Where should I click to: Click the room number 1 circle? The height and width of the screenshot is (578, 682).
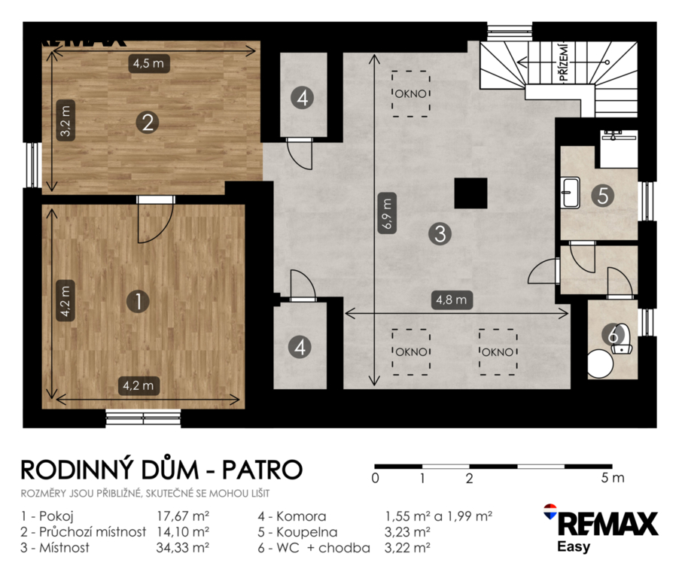(138, 301)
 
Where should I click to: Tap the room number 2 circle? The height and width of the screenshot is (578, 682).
(148, 122)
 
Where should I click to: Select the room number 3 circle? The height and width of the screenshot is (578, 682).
(440, 233)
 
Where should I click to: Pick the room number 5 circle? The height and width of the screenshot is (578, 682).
(602, 195)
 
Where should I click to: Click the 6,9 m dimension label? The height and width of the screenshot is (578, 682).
(387, 213)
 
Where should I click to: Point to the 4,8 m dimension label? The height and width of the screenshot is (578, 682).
(452, 300)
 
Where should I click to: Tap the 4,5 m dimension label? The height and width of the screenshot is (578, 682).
(149, 63)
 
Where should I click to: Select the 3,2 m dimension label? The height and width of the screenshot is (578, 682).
(65, 120)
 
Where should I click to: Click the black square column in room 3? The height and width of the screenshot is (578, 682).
(470, 193)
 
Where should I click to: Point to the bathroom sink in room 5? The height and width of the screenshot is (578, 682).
(570, 192)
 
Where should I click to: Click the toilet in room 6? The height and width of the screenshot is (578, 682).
(622, 339)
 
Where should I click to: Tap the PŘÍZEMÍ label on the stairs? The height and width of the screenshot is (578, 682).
(564, 62)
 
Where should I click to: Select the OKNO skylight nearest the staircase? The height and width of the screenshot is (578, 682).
(410, 94)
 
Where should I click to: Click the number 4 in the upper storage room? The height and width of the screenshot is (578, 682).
(303, 97)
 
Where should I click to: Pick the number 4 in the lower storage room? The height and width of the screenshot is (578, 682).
(300, 347)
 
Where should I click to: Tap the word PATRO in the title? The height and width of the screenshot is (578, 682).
(262, 470)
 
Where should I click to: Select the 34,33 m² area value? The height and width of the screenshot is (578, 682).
(183, 547)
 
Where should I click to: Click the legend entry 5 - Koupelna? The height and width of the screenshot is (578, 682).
(297, 532)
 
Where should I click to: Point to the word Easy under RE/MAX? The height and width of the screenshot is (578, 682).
(574, 546)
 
